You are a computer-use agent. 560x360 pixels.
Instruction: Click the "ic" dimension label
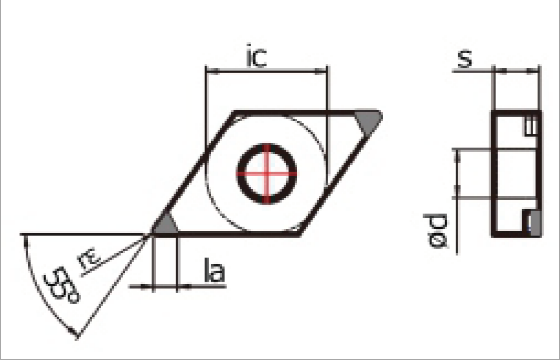point(257,56)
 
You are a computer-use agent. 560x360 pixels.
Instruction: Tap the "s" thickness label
point(465,59)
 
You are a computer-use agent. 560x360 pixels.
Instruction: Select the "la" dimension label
point(215,270)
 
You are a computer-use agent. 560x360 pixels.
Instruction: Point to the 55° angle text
point(62,285)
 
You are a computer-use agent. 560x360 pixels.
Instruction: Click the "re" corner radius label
point(89,258)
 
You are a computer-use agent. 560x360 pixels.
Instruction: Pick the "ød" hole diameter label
point(435,231)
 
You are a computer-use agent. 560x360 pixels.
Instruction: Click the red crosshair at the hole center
point(267,174)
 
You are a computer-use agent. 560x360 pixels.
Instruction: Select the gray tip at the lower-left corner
point(164,224)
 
